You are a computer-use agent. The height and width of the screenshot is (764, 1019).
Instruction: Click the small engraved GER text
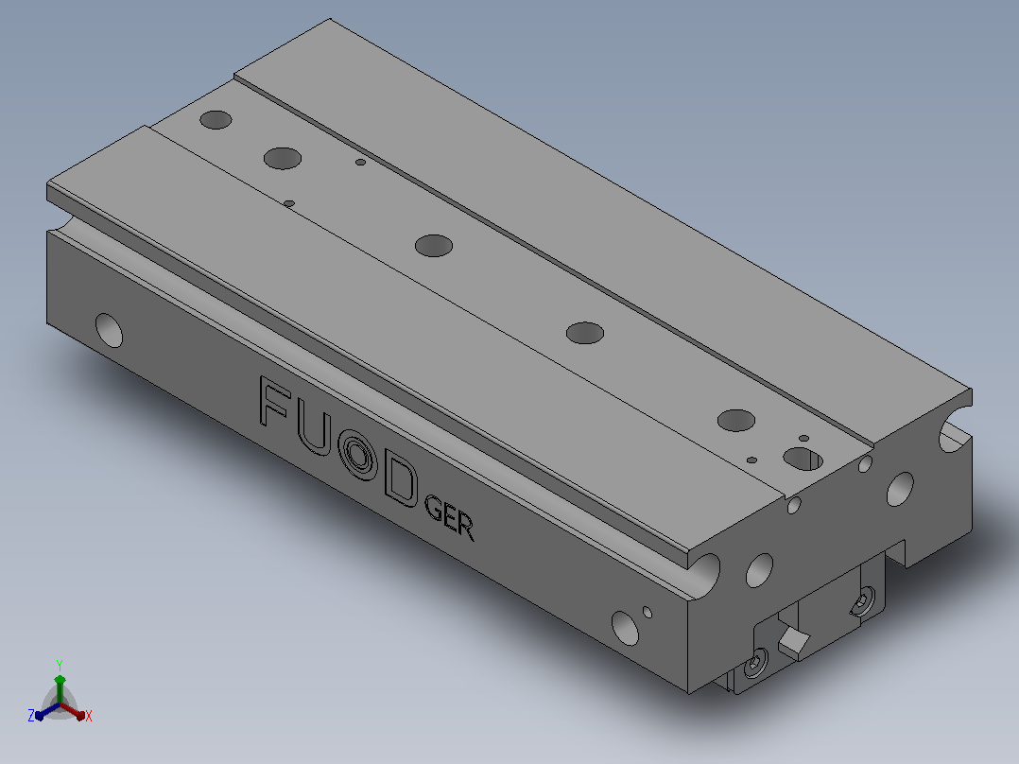point(449,517)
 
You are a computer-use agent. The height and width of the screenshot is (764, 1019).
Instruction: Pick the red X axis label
point(89,716)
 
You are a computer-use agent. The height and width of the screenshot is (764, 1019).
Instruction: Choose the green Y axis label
point(60,665)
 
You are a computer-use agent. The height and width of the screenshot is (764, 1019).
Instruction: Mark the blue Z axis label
point(31,715)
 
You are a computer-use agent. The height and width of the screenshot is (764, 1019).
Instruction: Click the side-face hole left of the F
point(109,330)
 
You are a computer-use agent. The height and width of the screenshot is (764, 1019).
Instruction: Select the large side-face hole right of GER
point(625,628)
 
